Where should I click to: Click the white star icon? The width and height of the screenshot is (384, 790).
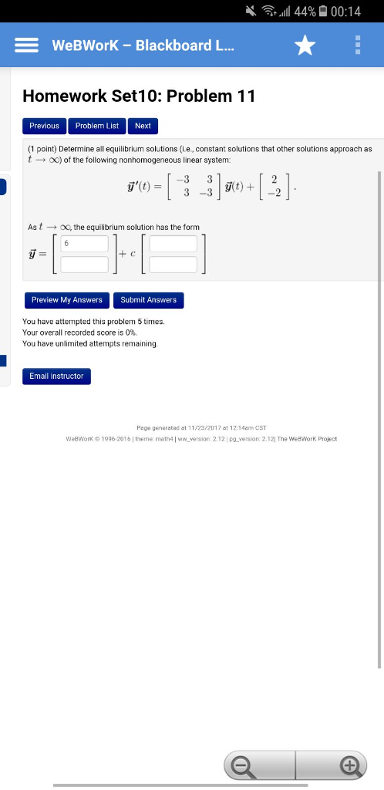click(x=305, y=46)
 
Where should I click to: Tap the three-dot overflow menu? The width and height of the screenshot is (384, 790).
click(x=357, y=46)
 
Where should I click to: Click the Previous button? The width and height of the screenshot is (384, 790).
click(x=44, y=126)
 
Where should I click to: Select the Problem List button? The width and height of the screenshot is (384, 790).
click(x=96, y=126)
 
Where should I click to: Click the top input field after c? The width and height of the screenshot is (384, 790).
click(x=173, y=245)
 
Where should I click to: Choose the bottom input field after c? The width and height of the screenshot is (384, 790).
click(x=173, y=265)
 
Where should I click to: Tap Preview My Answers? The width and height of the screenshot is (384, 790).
click(x=66, y=300)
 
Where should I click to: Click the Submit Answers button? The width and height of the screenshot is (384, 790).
click(x=149, y=300)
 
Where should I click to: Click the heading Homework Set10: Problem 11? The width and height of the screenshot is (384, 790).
click(x=139, y=96)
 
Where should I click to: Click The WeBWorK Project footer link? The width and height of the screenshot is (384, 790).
click(x=306, y=439)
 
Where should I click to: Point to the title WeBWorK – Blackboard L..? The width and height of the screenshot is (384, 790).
click(x=143, y=46)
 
